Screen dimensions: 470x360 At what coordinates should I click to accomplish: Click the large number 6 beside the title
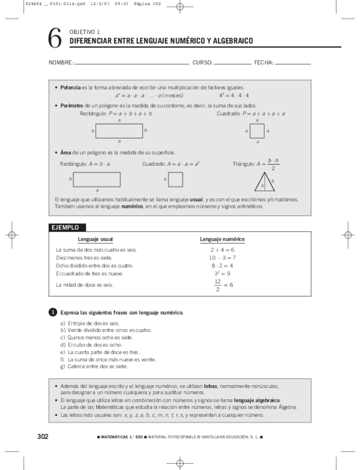[x=54, y=38]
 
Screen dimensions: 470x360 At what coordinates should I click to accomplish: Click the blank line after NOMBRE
[x=131, y=64]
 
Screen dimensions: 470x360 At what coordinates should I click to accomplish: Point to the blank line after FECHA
[x=292, y=64]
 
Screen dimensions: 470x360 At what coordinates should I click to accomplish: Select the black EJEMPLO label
[x=65, y=227]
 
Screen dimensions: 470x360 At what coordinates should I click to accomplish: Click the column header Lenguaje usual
[x=95, y=239]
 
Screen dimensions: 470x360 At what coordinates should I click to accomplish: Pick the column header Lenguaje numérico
[x=222, y=239]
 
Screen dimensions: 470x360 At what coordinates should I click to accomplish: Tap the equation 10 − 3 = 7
[x=222, y=258]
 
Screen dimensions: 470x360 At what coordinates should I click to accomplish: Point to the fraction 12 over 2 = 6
[x=222, y=285]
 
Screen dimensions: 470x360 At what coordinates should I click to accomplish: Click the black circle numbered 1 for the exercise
[x=53, y=313]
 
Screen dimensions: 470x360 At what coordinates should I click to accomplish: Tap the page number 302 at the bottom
[x=43, y=437]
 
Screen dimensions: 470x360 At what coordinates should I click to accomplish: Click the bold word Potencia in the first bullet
[x=70, y=88]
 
